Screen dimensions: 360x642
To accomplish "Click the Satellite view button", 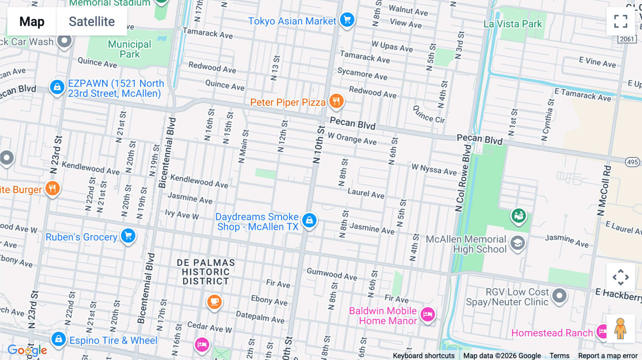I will pyautogui.click(x=92, y=21).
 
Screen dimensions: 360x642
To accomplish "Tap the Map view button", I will pyautogui.click(x=32, y=21).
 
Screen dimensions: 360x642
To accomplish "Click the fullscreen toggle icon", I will pyautogui.click(x=621, y=21).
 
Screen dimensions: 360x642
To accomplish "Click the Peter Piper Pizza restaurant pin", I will pyautogui.click(x=336, y=101).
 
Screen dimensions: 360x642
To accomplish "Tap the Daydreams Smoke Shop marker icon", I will pyautogui.click(x=309, y=220).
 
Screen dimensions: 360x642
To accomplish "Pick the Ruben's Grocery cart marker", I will pyautogui.click(x=128, y=236).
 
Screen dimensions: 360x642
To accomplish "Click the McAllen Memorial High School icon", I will pyautogui.click(x=518, y=243).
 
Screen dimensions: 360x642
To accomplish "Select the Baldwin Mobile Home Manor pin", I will pyautogui.click(x=427, y=314).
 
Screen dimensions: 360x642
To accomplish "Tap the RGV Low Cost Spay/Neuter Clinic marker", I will pyautogui.click(x=559, y=295).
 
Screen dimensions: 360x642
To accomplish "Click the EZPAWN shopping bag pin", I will pyautogui.click(x=57, y=87).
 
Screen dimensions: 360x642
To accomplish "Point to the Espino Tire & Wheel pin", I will pyautogui.click(x=58, y=339).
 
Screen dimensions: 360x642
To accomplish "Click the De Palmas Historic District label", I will pyautogui.click(x=206, y=272).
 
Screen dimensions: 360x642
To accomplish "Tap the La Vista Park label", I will pyautogui.click(x=513, y=24).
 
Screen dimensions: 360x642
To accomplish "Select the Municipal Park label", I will pyautogui.click(x=129, y=49).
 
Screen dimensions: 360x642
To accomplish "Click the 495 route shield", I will pyautogui.click(x=632, y=162).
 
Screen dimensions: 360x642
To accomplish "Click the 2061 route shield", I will pyautogui.click(x=627, y=39).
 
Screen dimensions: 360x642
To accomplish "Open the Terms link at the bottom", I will pyautogui.click(x=559, y=356).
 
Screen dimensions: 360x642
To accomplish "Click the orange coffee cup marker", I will pyautogui.click(x=214, y=302).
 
